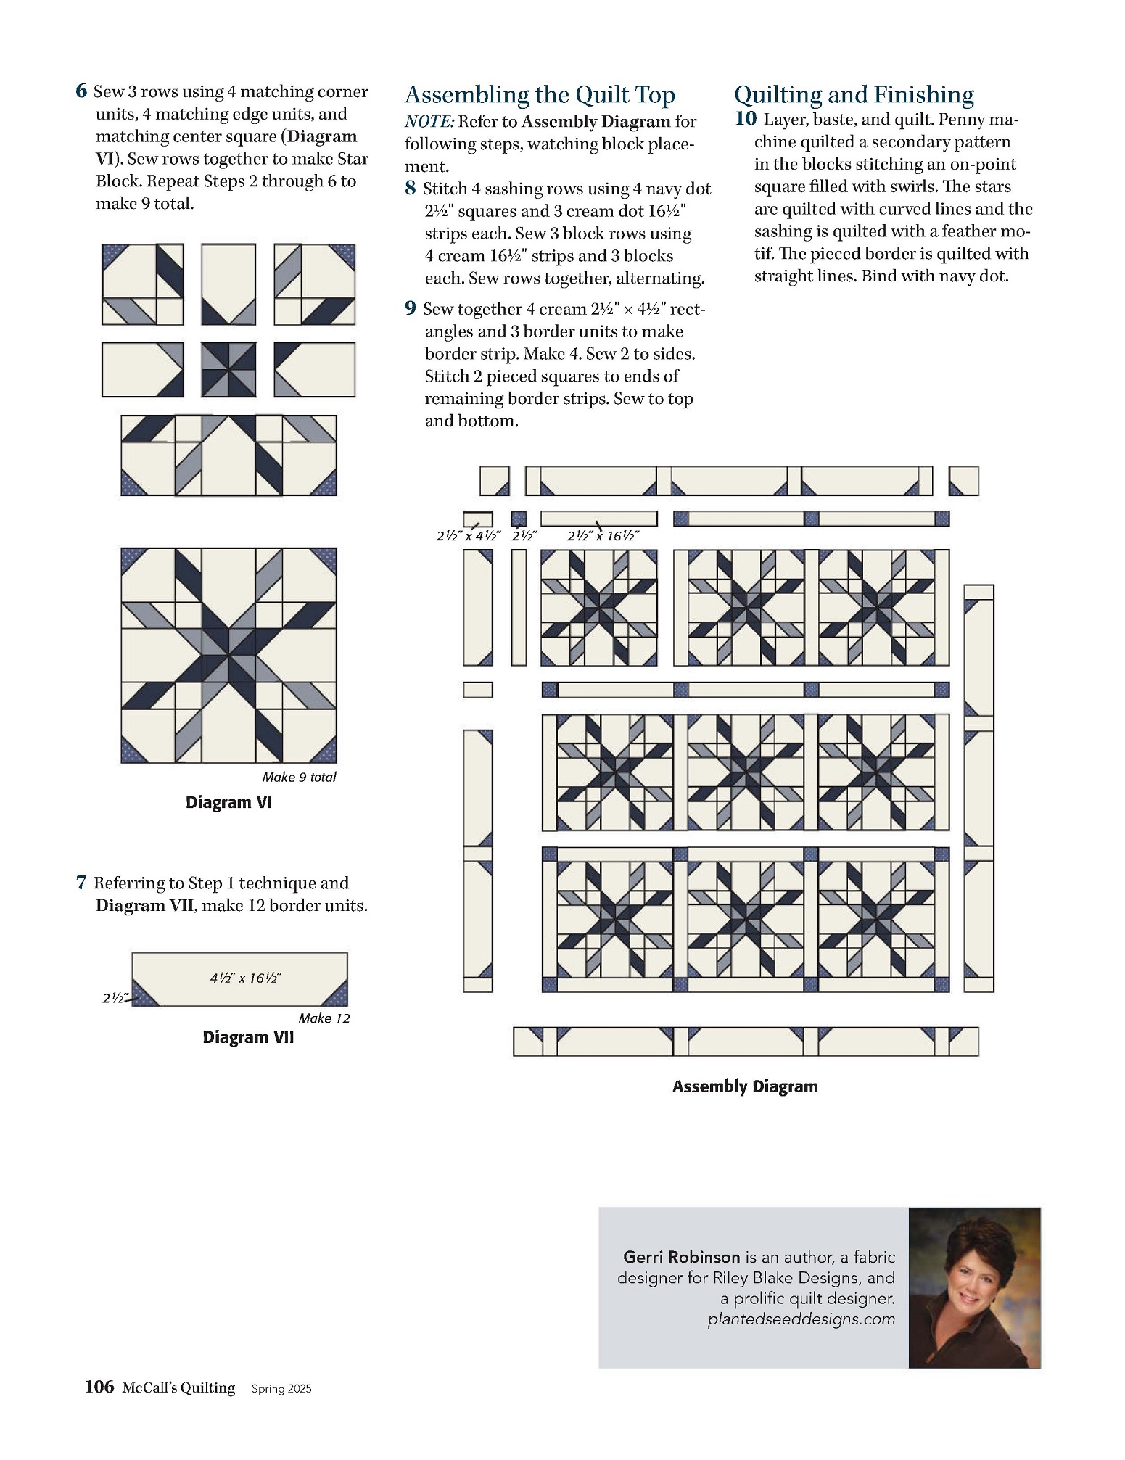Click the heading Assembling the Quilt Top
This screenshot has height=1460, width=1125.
540,95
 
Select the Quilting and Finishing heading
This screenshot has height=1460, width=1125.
854,95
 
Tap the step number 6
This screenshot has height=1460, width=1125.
81,91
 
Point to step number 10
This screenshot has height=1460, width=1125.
746,119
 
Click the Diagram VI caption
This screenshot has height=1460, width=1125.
228,802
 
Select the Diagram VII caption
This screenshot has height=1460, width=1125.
248,1037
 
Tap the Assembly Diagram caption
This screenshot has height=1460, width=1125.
745,1086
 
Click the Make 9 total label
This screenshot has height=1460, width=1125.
299,778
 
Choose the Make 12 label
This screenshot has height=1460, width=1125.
324,1018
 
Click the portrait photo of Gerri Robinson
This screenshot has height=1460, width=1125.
974,1287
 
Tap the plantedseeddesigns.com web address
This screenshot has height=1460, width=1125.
801,1319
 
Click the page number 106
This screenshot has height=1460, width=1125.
99,1387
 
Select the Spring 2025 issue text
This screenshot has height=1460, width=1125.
281,1389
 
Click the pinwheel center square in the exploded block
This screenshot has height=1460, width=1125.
228,370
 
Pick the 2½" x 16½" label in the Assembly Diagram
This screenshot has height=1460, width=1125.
603,536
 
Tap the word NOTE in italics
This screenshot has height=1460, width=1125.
429,122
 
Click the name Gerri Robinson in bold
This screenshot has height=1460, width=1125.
681,1257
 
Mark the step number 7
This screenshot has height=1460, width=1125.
81,883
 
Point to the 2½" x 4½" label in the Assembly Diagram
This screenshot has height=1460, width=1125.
469,536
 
